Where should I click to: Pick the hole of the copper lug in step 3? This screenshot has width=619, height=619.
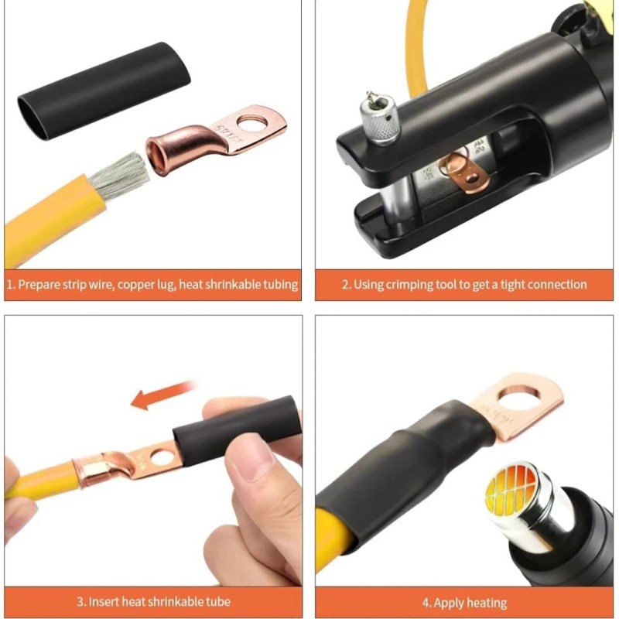tap(162, 457)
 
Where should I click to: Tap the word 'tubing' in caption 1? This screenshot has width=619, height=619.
tap(279, 284)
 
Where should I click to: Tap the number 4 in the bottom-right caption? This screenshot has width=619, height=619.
tap(425, 602)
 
